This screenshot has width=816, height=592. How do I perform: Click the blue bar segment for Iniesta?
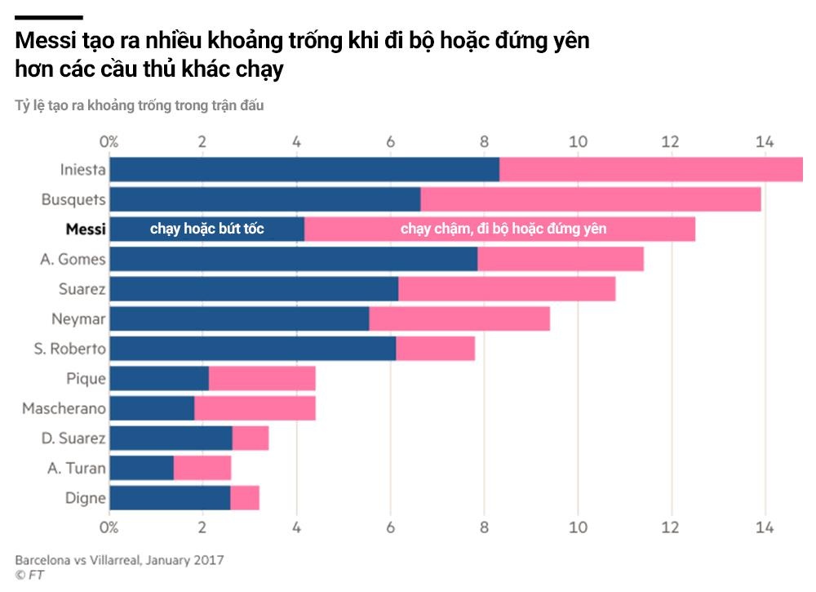click(304, 169)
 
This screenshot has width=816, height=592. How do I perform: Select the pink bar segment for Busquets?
click(590, 199)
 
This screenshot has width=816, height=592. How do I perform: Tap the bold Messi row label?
click(86, 229)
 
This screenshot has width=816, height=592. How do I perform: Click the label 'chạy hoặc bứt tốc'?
click(206, 229)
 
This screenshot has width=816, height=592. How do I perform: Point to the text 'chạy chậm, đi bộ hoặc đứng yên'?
click(503, 229)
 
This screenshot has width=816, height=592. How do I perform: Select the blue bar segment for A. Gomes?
click(293, 259)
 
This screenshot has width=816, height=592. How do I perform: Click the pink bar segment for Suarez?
click(507, 289)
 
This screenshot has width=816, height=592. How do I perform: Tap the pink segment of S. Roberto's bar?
click(435, 349)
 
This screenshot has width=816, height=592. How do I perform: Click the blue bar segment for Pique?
click(159, 379)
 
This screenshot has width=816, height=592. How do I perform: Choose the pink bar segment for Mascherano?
click(255, 408)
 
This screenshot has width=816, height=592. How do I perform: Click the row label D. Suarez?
click(73, 438)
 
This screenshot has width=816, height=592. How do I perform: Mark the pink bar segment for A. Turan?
click(202, 468)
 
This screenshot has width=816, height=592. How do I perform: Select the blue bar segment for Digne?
click(170, 498)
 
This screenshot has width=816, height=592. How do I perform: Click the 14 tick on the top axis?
click(765, 141)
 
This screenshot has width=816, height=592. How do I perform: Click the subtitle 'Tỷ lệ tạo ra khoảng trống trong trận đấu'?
click(140, 105)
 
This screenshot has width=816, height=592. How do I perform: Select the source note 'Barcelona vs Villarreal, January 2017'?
click(119, 560)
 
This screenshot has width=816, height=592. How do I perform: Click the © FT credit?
click(29, 575)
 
